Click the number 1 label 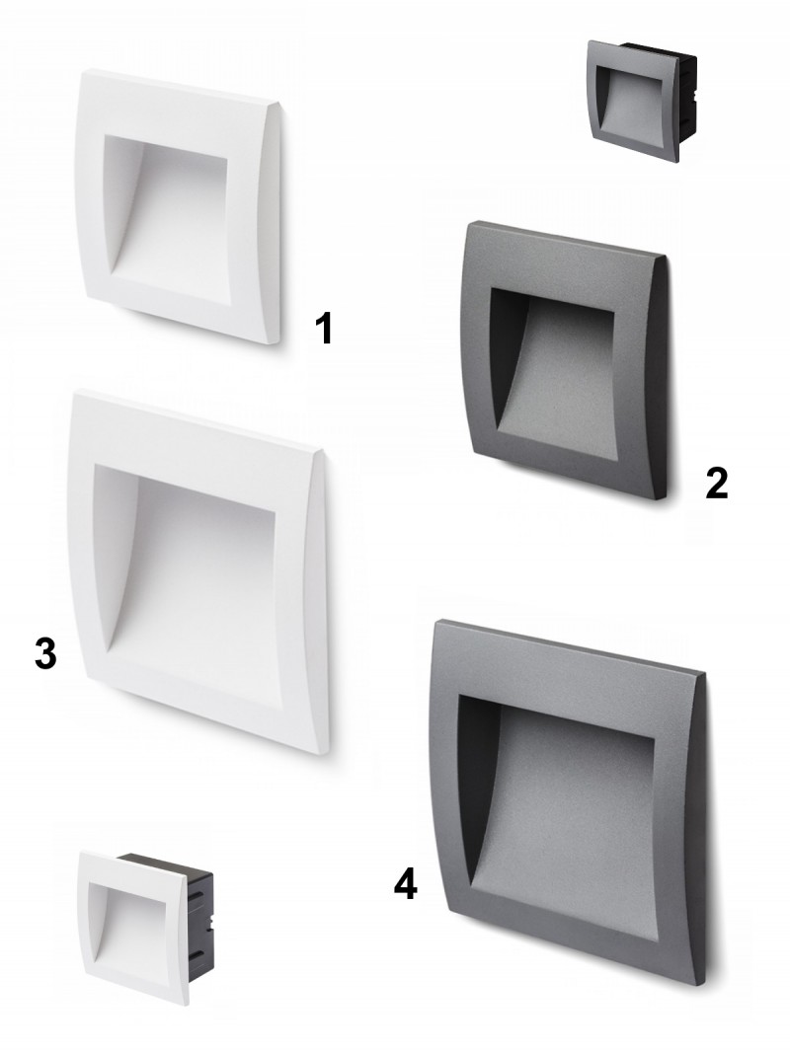(x=324, y=329)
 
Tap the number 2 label (x=717, y=483)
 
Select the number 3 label (x=45, y=653)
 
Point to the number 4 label (x=405, y=884)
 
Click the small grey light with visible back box (x=642, y=101)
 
